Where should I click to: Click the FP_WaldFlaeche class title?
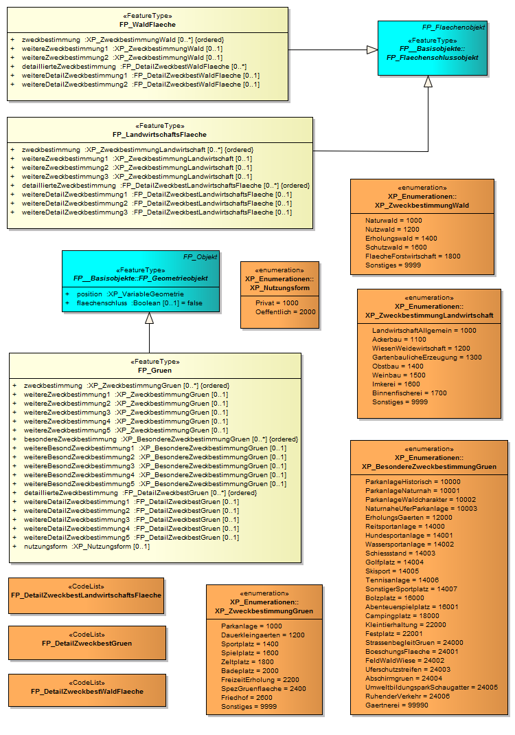click(148, 24)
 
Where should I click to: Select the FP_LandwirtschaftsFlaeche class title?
click(159, 134)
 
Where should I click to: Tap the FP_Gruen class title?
click(154, 370)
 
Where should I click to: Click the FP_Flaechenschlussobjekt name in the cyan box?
click(433, 58)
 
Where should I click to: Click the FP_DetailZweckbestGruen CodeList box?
click(87, 643)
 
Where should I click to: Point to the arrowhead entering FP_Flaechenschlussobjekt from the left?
click(372, 50)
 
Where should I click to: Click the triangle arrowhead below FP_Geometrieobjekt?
click(149, 318)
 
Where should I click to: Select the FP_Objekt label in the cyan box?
click(200, 256)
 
